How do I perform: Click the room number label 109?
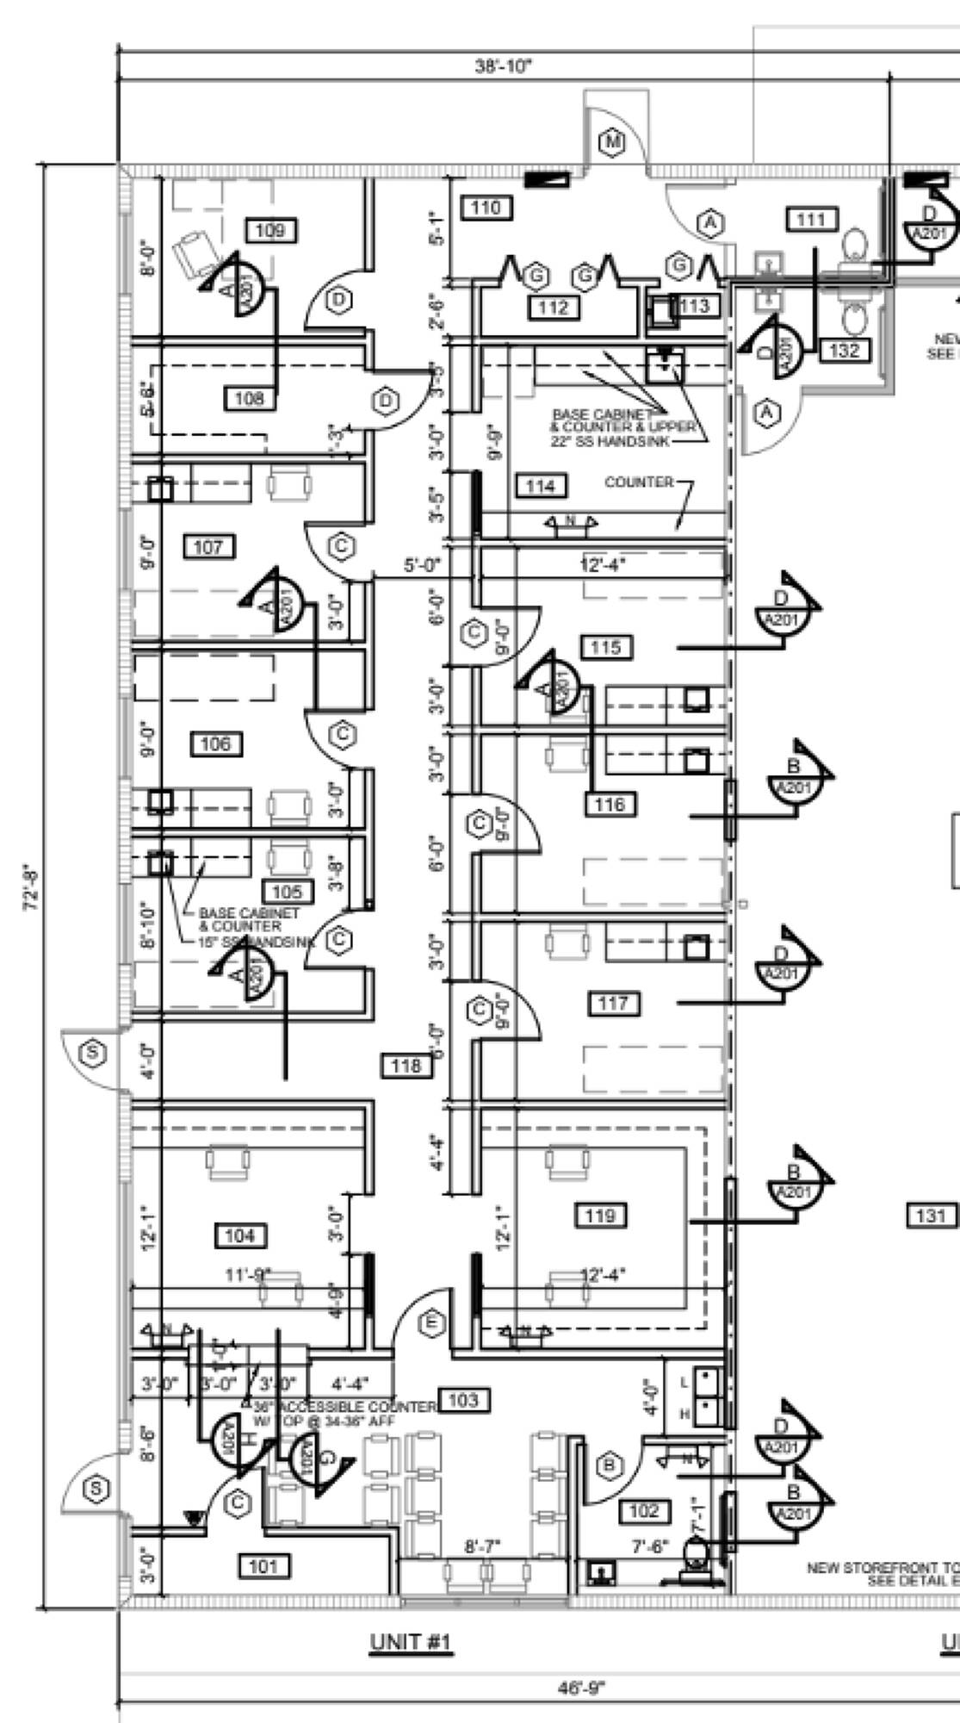coord(270,230)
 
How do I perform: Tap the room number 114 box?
coord(541,486)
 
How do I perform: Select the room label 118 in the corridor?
coord(406,1066)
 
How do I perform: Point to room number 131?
coord(931,1216)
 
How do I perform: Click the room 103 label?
coord(463,1400)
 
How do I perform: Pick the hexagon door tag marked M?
coord(612,140)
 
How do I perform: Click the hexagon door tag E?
coord(432,1322)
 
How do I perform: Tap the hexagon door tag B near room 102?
coord(610,1464)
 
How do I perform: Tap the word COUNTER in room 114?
coord(639,482)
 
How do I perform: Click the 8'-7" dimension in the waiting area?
coord(482,1546)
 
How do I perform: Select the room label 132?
coord(845,350)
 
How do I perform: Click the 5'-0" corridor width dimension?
coord(422,565)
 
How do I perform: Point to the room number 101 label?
coord(263,1566)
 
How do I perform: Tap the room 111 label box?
coord(811,220)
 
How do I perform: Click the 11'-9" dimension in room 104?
coord(248,1274)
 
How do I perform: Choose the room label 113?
coord(694,305)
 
